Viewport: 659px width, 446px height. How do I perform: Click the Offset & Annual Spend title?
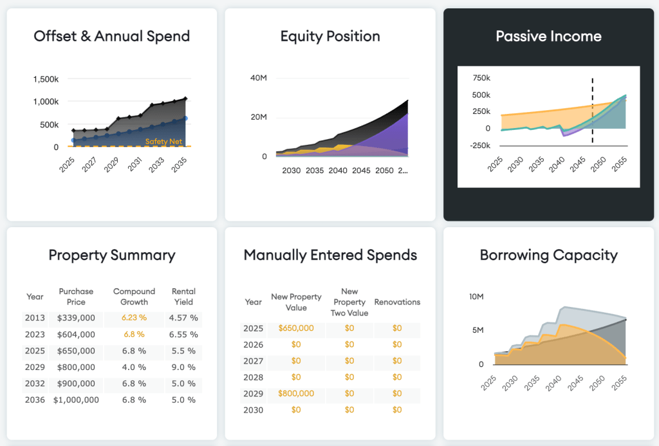[x=111, y=36]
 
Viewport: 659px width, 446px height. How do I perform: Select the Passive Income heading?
[x=548, y=36]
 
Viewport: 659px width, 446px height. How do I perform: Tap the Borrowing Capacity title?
[x=548, y=255]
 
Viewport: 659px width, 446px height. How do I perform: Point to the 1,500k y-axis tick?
[x=46, y=79]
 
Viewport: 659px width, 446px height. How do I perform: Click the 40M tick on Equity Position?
[x=259, y=78]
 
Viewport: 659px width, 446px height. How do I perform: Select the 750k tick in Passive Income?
[x=481, y=78]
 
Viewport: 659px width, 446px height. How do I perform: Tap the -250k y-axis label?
[x=480, y=145]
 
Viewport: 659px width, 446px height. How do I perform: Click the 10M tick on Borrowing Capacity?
[x=478, y=297]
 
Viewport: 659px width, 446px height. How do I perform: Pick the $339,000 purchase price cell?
[x=76, y=317]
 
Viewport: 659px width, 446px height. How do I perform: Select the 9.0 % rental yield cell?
[x=183, y=367]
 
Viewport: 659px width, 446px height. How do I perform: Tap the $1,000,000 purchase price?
[x=76, y=400]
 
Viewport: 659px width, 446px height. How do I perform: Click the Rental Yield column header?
[x=183, y=296]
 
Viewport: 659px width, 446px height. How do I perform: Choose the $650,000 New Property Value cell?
[x=296, y=328]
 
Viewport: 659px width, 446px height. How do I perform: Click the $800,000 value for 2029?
[x=296, y=393]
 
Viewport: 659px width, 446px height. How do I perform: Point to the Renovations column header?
[x=397, y=302]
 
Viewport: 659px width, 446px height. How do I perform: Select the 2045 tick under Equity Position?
[x=361, y=171]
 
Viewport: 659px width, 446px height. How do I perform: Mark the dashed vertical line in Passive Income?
[x=592, y=109]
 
